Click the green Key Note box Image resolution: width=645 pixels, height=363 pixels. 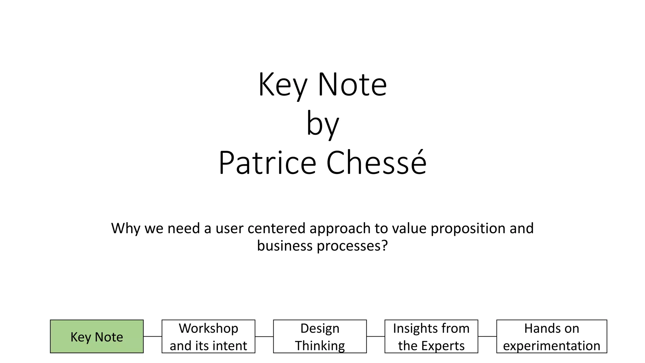point(97,336)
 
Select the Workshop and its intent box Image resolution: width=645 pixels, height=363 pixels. point(208,336)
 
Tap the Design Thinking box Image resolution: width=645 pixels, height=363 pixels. point(320,336)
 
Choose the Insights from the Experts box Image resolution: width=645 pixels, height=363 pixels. point(431,336)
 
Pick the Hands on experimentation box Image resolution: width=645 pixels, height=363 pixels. point(551,336)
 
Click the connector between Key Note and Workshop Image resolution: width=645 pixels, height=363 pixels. point(152,336)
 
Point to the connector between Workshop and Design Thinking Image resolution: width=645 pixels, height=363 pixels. point(264,337)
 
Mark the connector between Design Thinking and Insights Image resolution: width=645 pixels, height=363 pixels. point(375,336)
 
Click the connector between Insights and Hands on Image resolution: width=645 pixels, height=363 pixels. point(487,336)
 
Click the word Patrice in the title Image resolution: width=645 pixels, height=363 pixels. point(267,163)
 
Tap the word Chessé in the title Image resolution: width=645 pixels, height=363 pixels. point(376,163)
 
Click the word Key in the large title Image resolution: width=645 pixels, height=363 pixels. point(282,85)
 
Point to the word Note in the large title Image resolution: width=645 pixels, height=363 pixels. point(352,85)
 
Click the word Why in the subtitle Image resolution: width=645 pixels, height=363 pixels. point(125,228)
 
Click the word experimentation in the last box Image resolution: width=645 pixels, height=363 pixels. point(551,346)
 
